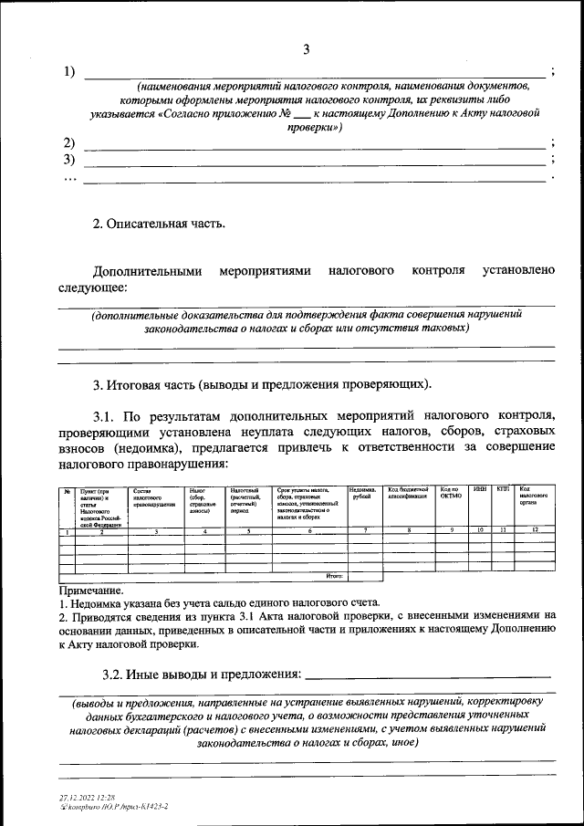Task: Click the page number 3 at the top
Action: [308, 49]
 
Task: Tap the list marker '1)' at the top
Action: [69, 71]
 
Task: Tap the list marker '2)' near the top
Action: [69, 142]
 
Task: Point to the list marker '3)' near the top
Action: [69, 159]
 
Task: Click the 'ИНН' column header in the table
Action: [480, 490]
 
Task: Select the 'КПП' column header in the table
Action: [503, 490]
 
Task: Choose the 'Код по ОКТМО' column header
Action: [452, 494]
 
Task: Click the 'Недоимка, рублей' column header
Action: [364, 494]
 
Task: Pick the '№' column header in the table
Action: [67, 491]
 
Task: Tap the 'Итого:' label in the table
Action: [334, 576]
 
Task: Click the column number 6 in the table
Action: [309, 530]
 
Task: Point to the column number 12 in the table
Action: [534, 530]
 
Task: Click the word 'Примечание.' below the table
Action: [90, 591]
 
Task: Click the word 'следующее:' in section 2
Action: [93, 288]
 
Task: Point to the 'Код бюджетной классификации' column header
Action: [409, 494]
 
